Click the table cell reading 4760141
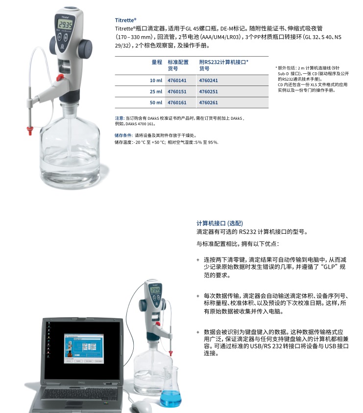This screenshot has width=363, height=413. coord(177,80)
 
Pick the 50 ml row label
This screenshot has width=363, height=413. coord(156,103)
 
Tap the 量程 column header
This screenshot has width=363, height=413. coord(157,62)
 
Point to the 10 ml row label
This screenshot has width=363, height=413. coord(156,80)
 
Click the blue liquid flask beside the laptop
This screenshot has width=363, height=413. coord(170,391)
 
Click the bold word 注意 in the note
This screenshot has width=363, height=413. coord(119,118)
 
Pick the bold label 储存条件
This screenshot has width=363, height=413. coord(123,135)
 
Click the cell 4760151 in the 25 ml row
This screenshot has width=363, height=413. coord(177,91)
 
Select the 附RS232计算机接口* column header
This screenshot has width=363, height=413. coord(223,62)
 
